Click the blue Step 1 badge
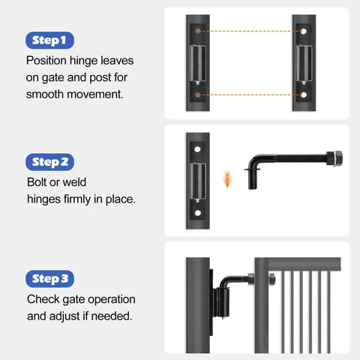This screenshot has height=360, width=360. point(50,39)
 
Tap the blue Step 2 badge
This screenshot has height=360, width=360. point(50,161)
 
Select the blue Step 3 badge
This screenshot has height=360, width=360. point(50,279)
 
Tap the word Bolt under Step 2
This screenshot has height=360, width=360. point(37,182)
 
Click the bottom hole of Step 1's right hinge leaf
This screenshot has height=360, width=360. point(304,95)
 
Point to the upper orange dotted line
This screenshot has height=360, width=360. point(250,31)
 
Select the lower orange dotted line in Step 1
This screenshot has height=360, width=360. point(250,95)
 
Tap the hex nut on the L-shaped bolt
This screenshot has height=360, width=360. point(334,159)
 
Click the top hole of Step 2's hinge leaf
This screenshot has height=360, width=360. point(198,150)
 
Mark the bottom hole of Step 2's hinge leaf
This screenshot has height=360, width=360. point(198,214)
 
